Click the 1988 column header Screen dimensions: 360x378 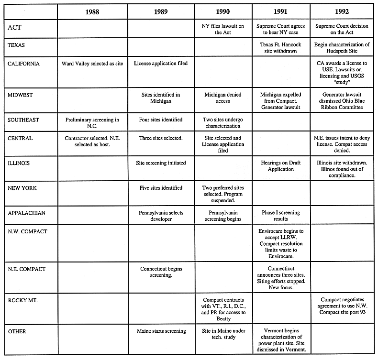click(92, 11)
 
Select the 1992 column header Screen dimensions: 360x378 click(342, 11)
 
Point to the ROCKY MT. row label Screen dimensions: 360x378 click(22, 299)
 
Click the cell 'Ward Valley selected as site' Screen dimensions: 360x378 click(92, 63)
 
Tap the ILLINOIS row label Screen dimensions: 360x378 click(19, 163)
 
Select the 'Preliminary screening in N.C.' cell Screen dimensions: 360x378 click(92, 123)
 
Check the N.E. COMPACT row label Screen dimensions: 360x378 click(26, 269)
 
